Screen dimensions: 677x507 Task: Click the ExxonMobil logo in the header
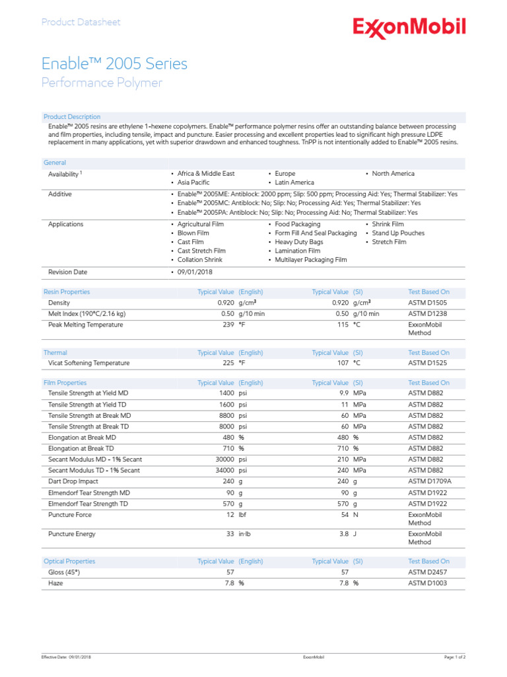pyautogui.click(x=409, y=27)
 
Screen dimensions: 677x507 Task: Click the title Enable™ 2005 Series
pyautogui.click(x=114, y=63)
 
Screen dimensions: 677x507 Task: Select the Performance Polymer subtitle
pyautogui.click(x=102, y=83)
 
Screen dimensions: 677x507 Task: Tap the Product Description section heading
pyautogui.click(x=72, y=117)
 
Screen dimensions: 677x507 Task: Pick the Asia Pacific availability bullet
pyautogui.click(x=193, y=182)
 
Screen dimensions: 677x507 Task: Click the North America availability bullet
pyautogui.click(x=393, y=173)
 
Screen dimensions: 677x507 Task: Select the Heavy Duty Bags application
pyautogui.click(x=299, y=242)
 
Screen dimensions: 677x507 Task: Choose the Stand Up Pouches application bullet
pyautogui.click(x=397, y=233)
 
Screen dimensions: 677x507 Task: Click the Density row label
pyautogui.click(x=59, y=303)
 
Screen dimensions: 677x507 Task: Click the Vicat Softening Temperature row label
pyautogui.click(x=88, y=363)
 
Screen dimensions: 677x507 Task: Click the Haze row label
pyautogui.click(x=56, y=583)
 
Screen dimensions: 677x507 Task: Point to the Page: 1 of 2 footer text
pyautogui.click(x=455, y=657)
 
